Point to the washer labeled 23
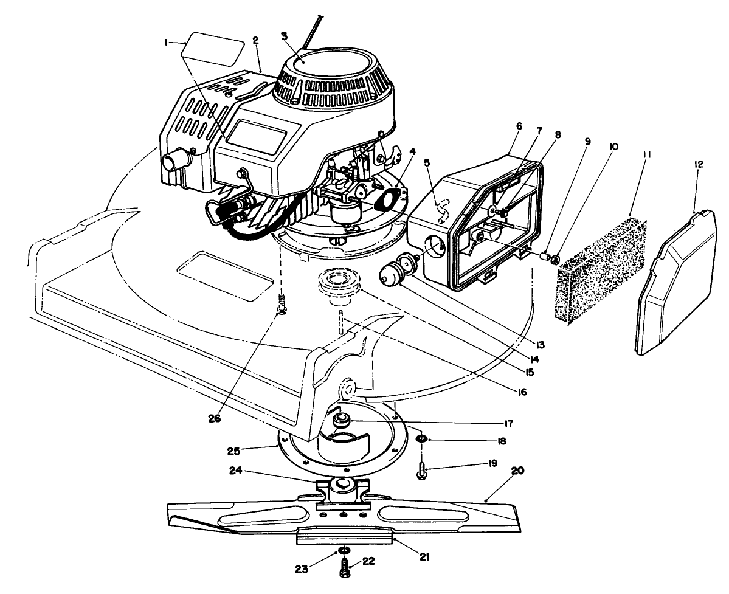pos(344,551)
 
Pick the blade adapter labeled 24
pos(344,488)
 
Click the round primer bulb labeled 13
pos(389,274)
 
